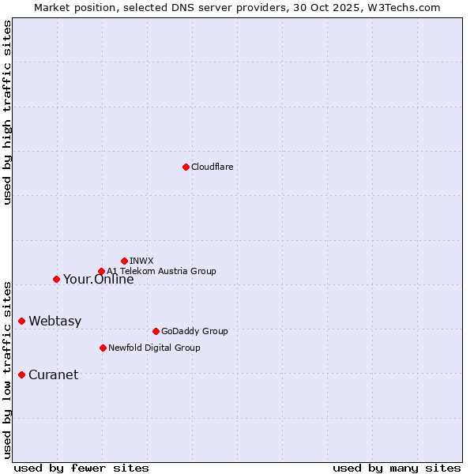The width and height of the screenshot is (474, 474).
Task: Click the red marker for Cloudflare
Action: point(186,167)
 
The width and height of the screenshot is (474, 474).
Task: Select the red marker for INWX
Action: point(124,261)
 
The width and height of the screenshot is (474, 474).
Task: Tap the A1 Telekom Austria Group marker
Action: point(101,272)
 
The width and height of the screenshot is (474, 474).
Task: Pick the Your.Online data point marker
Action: point(56,279)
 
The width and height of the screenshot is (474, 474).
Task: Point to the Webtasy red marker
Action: point(21,321)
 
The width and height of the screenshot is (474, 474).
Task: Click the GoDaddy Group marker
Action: point(156,331)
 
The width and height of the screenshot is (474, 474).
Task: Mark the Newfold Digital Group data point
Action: point(103,348)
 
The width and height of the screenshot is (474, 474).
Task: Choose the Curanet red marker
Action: point(21,374)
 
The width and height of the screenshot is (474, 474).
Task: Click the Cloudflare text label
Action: point(212,167)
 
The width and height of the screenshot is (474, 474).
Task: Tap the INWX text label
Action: point(141,261)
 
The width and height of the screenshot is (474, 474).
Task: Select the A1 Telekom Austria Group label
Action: point(161,271)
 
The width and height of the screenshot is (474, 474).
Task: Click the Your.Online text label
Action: point(98,279)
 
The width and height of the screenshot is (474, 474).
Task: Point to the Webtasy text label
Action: point(55,321)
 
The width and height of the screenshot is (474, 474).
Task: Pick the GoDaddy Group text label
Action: point(194,331)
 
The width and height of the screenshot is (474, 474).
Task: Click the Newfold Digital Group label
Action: point(154,348)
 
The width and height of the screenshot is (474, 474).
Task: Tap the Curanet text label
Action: point(53,374)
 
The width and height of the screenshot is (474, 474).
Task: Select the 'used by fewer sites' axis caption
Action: point(81,468)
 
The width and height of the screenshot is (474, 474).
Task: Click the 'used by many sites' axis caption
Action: point(397,468)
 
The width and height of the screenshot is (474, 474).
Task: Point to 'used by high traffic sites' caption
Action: point(7,112)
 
